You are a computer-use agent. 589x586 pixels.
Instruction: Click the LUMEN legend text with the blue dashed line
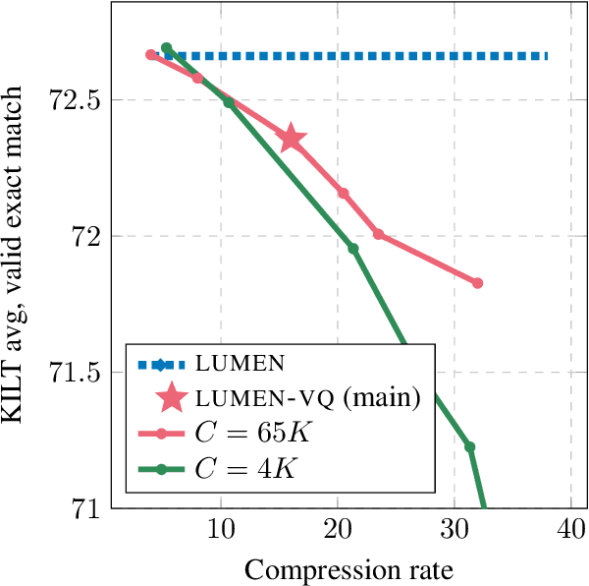pyautogui.click(x=241, y=364)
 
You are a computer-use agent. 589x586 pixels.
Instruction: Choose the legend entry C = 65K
pyautogui.click(x=249, y=433)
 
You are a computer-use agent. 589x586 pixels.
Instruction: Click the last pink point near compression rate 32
pyautogui.click(x=478, y=283)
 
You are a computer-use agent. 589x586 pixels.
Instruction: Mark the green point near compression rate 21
pyautogui.click(x=353, y=249)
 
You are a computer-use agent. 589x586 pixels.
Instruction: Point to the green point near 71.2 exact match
pyautogui.click(x=469, y=447)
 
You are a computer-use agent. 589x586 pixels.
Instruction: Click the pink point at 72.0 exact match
pyautogui.click(x=378, y=235)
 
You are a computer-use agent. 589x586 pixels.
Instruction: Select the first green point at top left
pyautogui.click(x=167, y=48)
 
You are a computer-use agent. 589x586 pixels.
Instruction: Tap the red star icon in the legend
pyautogui.click(x=172, y=398)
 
